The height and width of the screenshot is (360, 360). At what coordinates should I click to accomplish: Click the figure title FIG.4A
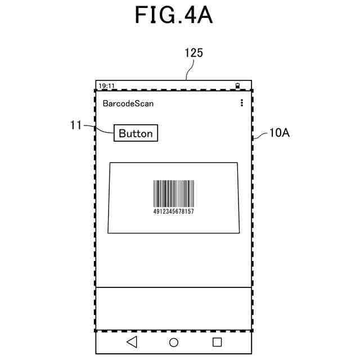[173, 15]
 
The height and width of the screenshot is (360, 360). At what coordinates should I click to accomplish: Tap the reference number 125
[193, 53]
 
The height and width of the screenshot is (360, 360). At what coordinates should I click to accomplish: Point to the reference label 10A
[279, 133]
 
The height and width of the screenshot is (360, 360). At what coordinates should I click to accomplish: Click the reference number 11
[76, 125]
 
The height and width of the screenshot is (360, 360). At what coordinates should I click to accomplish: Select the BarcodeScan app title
[128, 103]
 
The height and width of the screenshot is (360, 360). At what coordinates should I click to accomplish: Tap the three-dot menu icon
[242, 103]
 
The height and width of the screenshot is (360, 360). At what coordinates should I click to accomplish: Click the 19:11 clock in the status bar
[107, 86]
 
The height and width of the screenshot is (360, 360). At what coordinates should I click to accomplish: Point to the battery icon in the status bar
[238, 86]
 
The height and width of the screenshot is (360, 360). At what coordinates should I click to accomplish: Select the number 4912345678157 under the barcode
[174, 211]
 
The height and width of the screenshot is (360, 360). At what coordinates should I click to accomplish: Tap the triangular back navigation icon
[132, 341]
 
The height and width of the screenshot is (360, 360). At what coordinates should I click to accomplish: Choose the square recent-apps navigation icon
[217, 341]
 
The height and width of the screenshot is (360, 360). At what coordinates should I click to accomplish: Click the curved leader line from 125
[190, 70]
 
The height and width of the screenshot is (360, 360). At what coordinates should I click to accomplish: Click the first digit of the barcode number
[155, 211]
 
